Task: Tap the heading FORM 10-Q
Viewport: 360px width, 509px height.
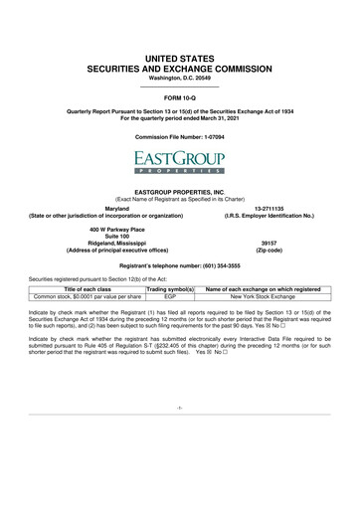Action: click(x=180, y=99)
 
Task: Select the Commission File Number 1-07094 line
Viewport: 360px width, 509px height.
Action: click(x=180, y=135)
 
